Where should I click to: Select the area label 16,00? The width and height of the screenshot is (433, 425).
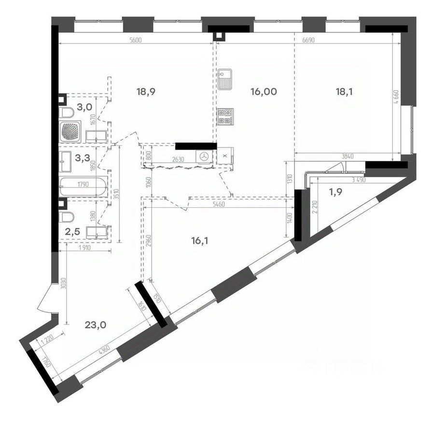coord(264,91)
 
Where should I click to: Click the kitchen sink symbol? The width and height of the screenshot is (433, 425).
coord(224,80)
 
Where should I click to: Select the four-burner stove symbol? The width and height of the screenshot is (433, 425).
coord(224,116)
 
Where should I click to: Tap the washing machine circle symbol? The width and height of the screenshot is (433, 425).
coord(204,156)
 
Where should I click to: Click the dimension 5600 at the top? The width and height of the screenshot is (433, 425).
coord(135,41)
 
